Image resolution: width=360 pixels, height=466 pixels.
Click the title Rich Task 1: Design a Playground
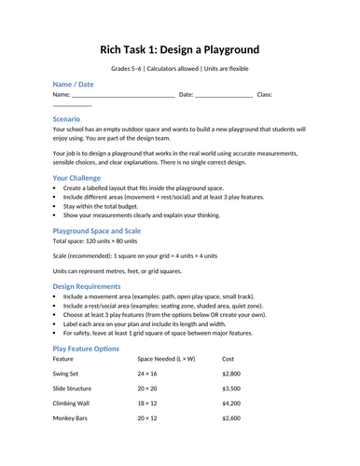(179, 48)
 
